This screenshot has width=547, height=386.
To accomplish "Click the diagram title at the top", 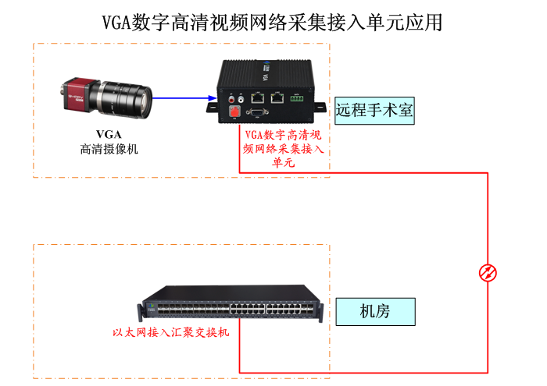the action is point(272,23).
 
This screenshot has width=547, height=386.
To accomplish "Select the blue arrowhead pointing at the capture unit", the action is point(212,97).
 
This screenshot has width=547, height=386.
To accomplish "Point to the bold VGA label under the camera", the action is point(109,134).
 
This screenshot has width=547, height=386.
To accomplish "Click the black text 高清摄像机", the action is point(109,149).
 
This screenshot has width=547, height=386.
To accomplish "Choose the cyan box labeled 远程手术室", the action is point(374,111).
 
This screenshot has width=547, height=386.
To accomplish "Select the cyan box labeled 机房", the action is point(375,311).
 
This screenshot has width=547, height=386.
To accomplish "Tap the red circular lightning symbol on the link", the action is point(488,272).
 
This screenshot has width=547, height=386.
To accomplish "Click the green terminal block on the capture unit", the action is point(296,98).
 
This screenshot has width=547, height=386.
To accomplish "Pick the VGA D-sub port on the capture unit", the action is point(257,112).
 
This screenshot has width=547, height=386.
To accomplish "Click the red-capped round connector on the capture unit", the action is point(234,112).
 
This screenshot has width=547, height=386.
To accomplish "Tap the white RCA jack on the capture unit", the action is point(241,100).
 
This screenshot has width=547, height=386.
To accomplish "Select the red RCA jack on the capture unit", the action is point(231,100).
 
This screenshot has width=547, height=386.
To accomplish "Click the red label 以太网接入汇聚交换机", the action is point(171,332).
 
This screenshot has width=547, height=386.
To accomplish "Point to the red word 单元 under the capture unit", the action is point(283,162).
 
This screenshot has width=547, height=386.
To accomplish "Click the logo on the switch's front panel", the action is point(151,306).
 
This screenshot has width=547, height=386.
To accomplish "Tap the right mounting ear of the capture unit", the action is point(319,107).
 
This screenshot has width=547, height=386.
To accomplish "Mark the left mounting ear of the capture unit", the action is point(212,107).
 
